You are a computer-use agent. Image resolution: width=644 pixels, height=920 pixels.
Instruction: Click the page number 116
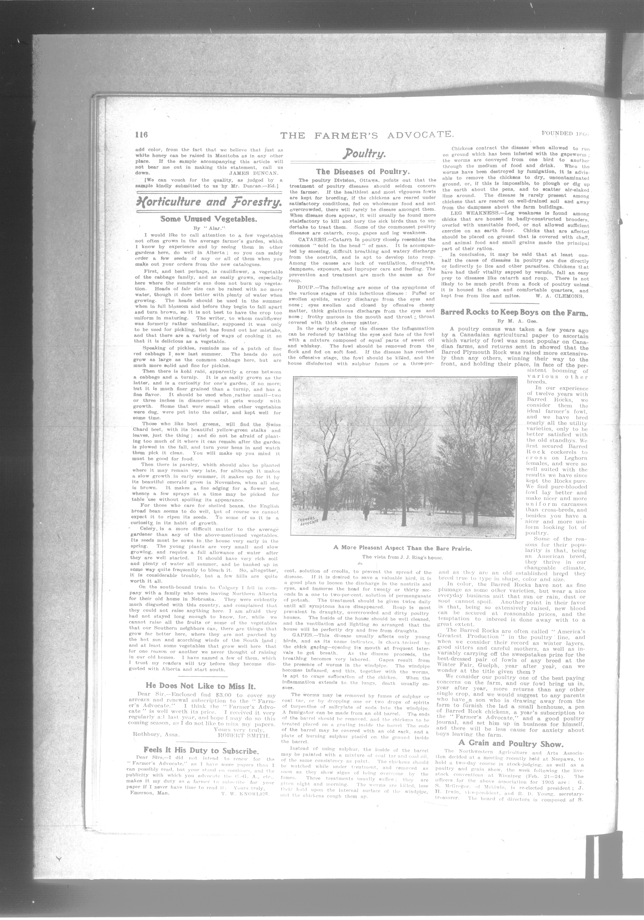(141, 135)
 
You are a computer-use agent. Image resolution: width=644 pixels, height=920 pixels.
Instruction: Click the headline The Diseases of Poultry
(363, 172)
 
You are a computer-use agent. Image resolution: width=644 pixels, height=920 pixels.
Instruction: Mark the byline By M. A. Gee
(514, 321)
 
